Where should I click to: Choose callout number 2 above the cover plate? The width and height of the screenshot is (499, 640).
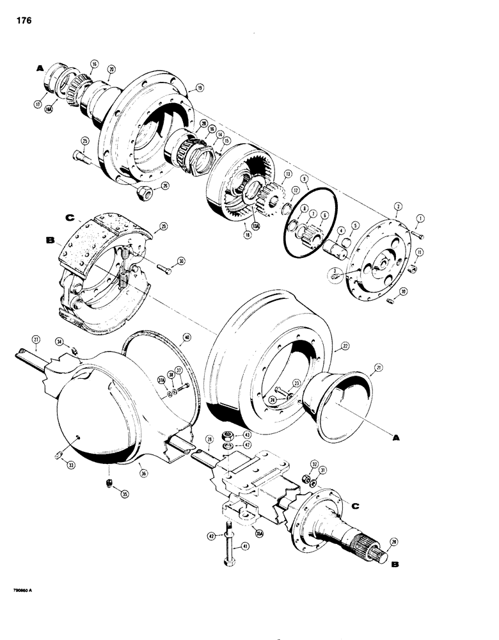point(398,207)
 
